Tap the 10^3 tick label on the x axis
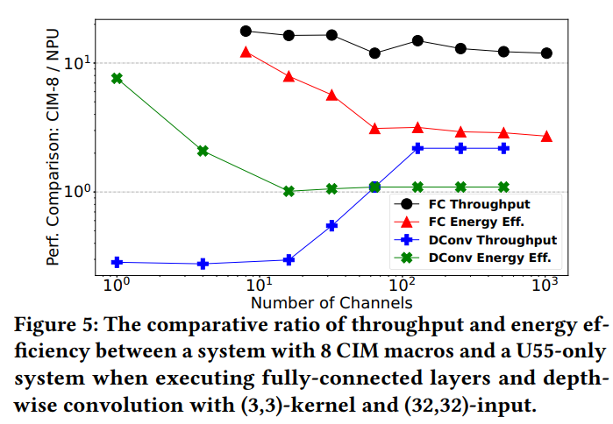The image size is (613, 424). (545, 286)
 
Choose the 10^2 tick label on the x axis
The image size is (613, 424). (403, 286)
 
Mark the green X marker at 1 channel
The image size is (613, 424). (117, 78)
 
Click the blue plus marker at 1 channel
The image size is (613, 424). (117, 262)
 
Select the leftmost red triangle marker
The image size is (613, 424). (246, 52)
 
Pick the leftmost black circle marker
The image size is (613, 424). (246, 32)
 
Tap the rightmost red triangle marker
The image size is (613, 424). (546, 137)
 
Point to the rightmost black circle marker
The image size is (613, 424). (546, 53)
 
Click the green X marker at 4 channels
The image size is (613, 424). (203, 151)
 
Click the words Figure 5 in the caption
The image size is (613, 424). (54, 323)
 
